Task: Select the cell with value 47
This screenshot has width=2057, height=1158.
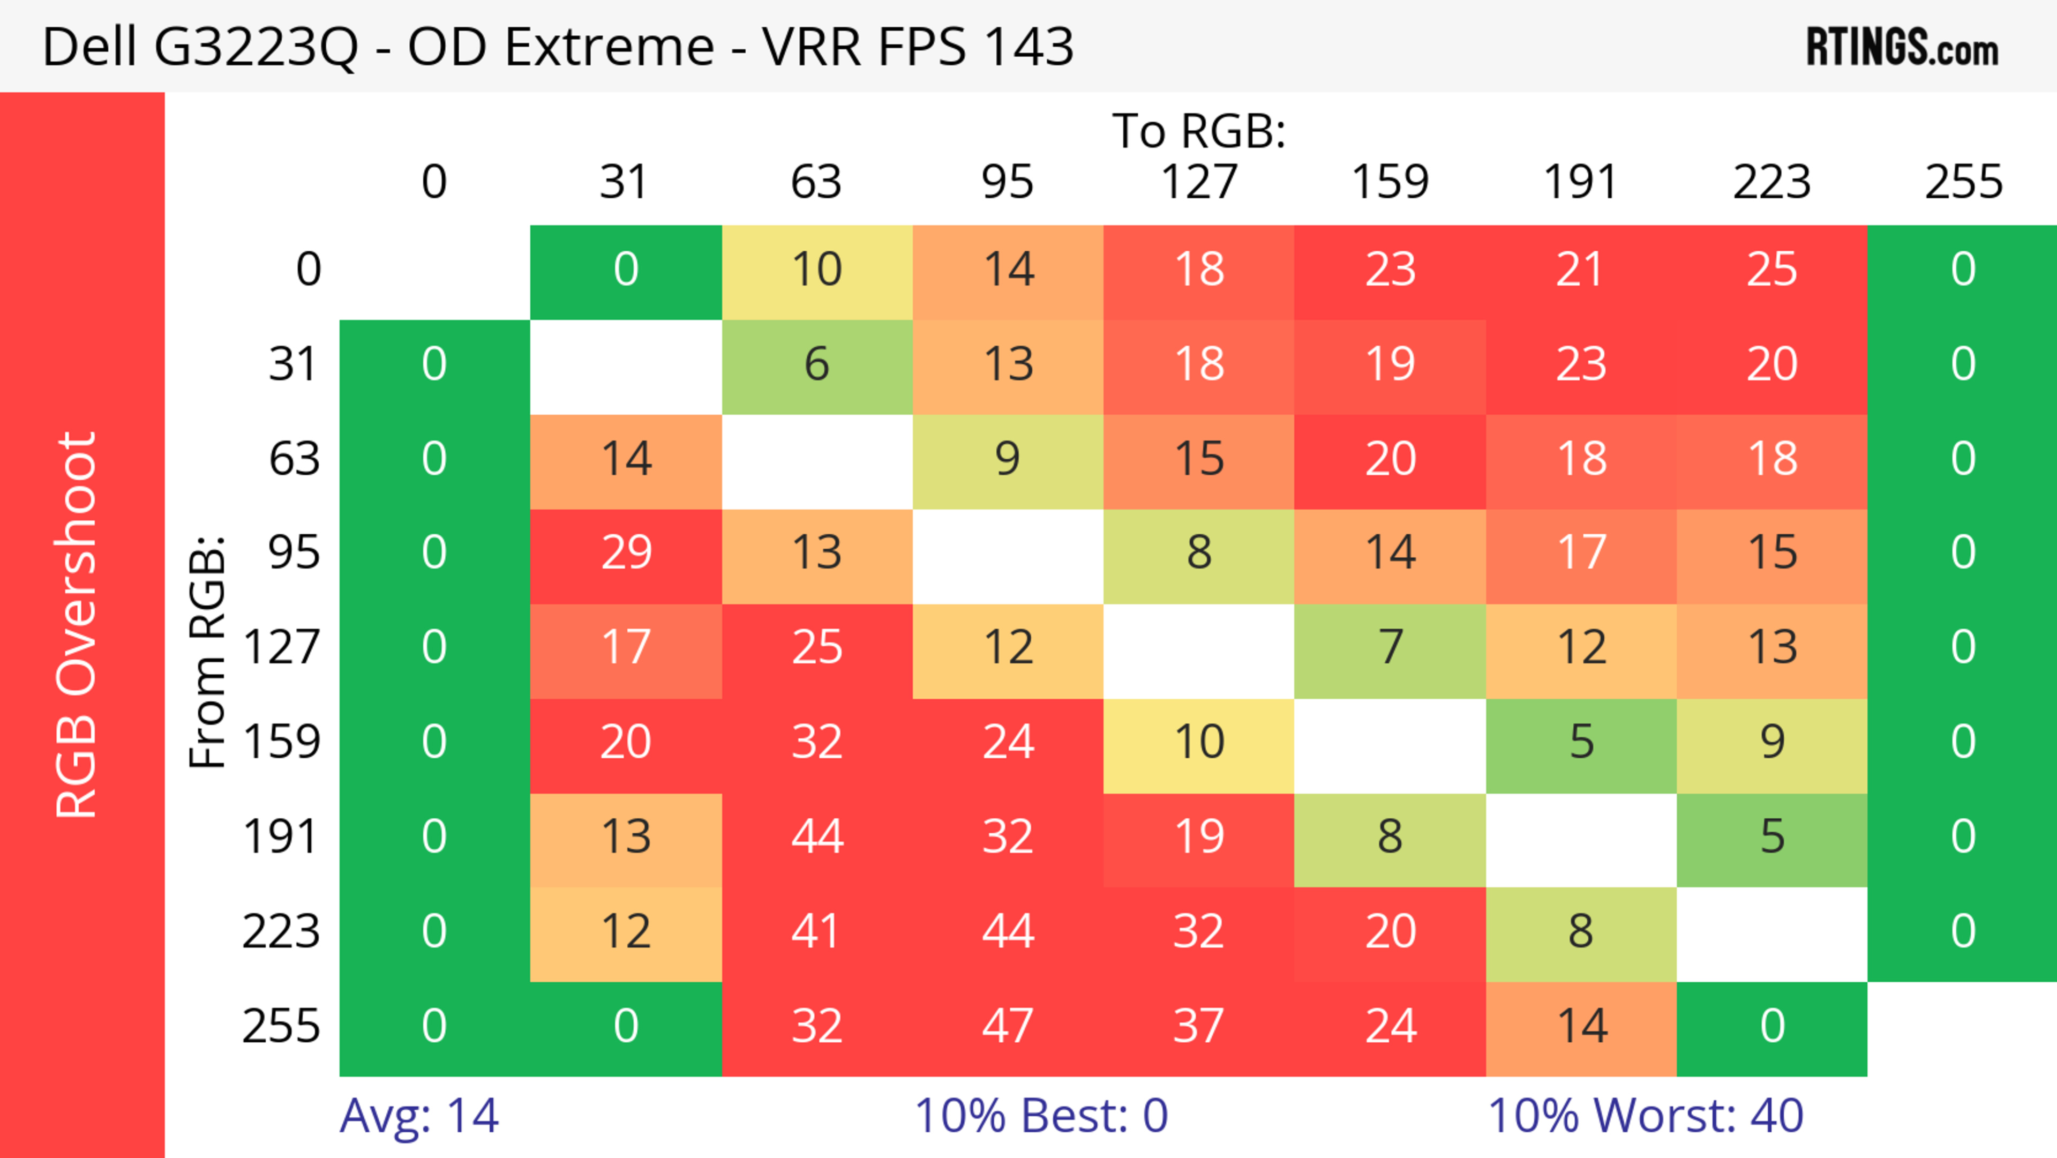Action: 1008,1026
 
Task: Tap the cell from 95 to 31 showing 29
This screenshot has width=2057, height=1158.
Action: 626,552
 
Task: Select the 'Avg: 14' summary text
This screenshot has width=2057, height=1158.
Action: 419,1116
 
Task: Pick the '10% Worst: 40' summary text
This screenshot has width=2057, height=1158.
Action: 1645,1116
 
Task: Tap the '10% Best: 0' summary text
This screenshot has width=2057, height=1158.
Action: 1040,1116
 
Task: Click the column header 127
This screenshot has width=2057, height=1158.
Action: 1199,182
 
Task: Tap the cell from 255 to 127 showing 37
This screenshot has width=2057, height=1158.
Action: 1199,1026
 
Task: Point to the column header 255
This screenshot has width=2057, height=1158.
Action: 1963,182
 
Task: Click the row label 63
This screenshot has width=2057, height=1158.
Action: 294,458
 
